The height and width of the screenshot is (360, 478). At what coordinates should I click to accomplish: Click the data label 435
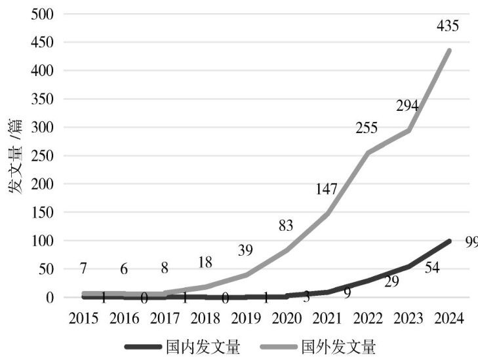448,27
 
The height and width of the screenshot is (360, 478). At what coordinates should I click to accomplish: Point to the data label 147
325,190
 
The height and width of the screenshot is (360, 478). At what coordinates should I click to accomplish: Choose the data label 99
470,243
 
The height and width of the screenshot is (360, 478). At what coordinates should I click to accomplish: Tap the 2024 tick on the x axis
450,318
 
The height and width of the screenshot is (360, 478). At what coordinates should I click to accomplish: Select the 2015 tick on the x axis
83,318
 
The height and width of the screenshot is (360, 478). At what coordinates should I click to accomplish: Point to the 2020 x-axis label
287,318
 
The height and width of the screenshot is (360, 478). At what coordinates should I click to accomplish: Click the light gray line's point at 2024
450,50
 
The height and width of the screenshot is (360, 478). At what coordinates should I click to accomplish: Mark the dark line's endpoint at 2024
450,241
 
